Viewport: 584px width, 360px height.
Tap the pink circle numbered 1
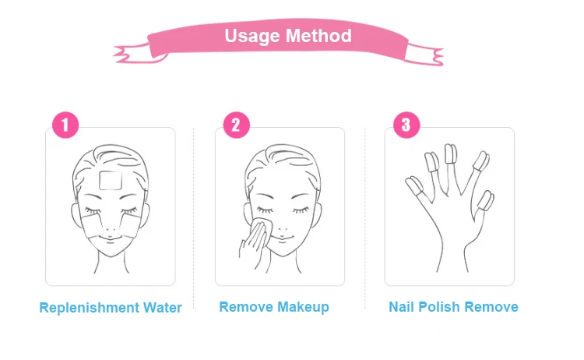(65, 125)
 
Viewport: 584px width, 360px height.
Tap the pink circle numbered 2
(236, 125)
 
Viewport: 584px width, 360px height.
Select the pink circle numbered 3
(406, 125)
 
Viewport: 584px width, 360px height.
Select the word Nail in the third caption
(403, 307)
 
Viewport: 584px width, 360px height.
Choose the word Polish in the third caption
(440, 307)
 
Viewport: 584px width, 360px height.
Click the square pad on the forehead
(113, 180)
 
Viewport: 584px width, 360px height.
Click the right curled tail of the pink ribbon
(426, 53)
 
